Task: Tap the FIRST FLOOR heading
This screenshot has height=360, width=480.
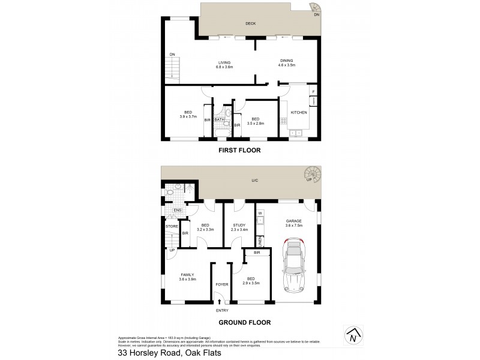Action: click(239, 150)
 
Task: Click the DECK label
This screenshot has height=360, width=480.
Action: click(251, 24)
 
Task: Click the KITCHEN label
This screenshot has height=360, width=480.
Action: click(299, 112)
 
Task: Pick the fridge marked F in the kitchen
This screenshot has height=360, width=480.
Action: click(313, 91)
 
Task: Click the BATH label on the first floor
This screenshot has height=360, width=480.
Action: click(219, 119)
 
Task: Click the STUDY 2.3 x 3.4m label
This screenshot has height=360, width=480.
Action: click(239, 227)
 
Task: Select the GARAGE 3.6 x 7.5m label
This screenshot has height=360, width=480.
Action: click(293, 223)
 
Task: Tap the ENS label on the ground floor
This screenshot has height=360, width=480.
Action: click(177, 211)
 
